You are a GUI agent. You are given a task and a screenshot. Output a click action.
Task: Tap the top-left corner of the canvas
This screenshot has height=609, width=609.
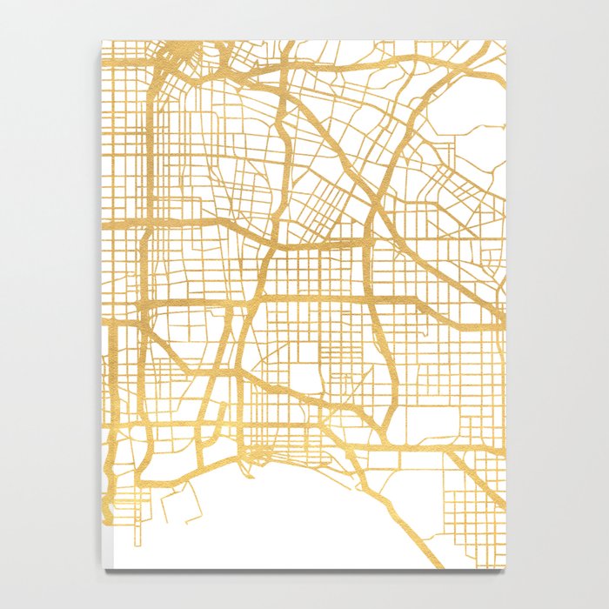tap(104, 40)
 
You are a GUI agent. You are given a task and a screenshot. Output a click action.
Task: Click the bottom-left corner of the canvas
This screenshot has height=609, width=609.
tap(105, 569)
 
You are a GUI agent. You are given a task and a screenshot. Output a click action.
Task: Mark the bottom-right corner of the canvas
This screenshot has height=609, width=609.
tap(505, 570)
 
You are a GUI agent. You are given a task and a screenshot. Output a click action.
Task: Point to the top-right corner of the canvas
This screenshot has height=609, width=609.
tap(505, 40)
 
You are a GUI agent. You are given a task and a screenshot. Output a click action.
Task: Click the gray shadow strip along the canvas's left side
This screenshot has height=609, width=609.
tap(102, 304)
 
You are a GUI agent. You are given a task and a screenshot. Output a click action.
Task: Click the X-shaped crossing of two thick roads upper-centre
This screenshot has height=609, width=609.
tap(374, 205)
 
